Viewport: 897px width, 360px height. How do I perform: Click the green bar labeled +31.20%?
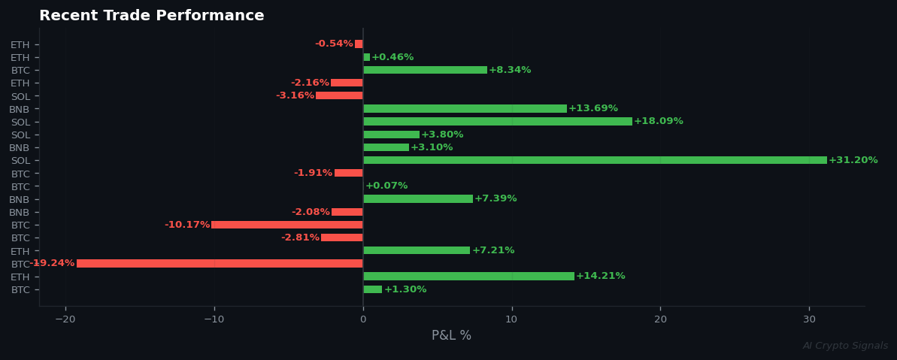coord(595,160)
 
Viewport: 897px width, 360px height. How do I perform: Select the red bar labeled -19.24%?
coord(220,264)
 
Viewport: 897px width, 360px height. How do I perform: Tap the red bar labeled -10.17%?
coord(287,225)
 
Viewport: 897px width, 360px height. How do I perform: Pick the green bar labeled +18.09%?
coord(498,122)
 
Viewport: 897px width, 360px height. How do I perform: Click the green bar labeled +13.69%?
coord(465,109)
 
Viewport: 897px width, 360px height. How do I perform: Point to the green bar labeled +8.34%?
coord(425,70)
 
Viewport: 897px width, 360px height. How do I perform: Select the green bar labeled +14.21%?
coord(468,277)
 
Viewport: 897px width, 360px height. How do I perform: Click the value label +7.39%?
coord(495,199)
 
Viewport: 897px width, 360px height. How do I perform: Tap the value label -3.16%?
coord(295,96)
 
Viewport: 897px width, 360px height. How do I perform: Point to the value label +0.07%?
coord(386,186)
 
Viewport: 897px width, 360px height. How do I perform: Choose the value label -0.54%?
coord(334,44)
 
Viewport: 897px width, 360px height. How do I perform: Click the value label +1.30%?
coord(405,289)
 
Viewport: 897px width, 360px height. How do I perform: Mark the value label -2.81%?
coord(300,238)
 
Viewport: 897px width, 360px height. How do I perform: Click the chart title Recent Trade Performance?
coord(152,16)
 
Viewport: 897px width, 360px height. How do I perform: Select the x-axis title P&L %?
coord(451,336)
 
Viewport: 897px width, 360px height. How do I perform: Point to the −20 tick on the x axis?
coord(65,319)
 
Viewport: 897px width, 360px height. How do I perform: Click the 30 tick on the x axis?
coord(809,319)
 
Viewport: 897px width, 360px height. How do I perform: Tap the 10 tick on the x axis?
coord(511,319)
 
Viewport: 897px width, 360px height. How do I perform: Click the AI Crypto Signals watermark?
coord(845,346)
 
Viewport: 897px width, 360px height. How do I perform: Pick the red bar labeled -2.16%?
coord(347,83)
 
